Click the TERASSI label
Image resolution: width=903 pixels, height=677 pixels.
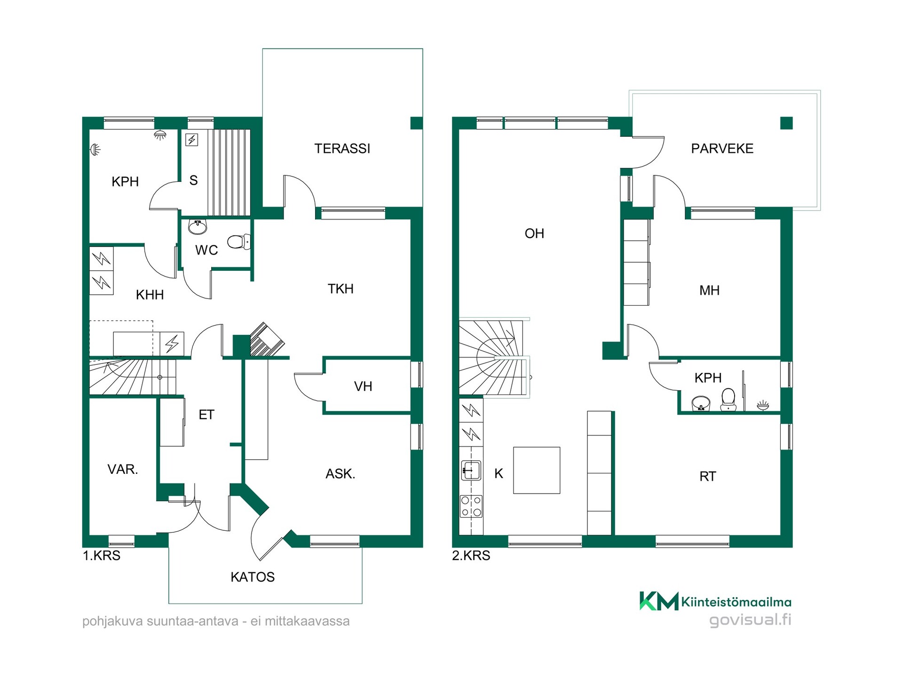(342, 149)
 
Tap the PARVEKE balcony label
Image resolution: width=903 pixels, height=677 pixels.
(722, 149)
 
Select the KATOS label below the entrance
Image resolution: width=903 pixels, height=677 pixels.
(253, 577)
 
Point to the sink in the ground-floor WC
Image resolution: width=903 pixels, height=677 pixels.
(198, 227)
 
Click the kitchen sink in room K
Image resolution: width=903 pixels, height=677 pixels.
(471, 470)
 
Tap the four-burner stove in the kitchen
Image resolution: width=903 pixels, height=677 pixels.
(471, 506)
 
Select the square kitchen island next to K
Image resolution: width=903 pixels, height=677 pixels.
(537, 470)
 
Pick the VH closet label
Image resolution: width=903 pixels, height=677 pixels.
(363, 386)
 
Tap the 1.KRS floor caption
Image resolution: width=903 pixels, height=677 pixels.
(102, 556)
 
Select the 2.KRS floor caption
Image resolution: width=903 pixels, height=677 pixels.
(471, 556)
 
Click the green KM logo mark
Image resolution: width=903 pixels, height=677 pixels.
(659, 601)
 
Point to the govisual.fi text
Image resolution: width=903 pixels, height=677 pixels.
(750, 620)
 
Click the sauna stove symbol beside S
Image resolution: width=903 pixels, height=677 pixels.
(191, 140)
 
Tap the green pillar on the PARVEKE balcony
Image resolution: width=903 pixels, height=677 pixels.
(786, 123)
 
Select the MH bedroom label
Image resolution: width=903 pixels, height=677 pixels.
(709, 291)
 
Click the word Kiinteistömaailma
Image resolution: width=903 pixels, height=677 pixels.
(736, 602)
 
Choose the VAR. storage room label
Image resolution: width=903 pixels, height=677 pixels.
(123, 469)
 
